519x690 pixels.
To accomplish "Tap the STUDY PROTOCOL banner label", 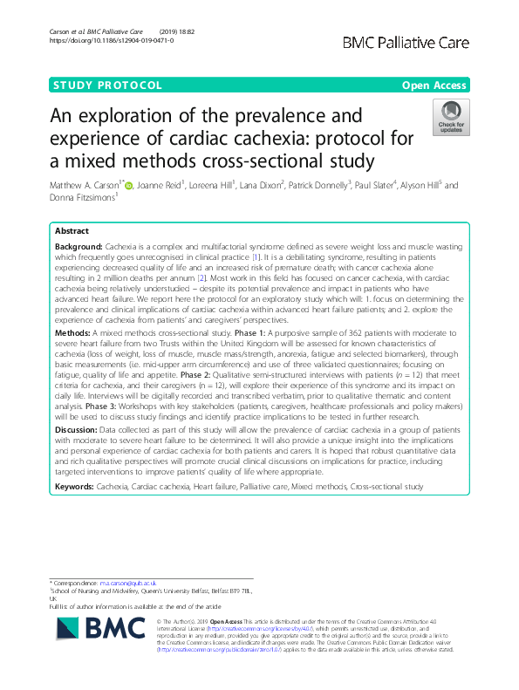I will click(107, 85).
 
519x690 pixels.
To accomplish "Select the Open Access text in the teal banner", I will click(435, 85).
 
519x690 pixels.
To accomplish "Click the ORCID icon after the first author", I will click(139, 185).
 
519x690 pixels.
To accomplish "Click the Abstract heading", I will click(72, 232).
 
